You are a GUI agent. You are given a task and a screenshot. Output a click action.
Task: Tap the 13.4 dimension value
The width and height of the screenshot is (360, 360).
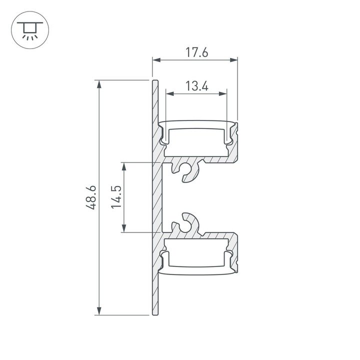(x=196, y=86)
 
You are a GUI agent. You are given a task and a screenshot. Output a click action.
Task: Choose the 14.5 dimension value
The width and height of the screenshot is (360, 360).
(x=115, y=197)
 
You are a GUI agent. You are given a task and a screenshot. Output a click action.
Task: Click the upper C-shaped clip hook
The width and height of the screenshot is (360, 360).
(x=186, y=171)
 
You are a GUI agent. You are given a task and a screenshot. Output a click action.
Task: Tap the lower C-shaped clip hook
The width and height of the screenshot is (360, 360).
(x=186, y=223)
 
